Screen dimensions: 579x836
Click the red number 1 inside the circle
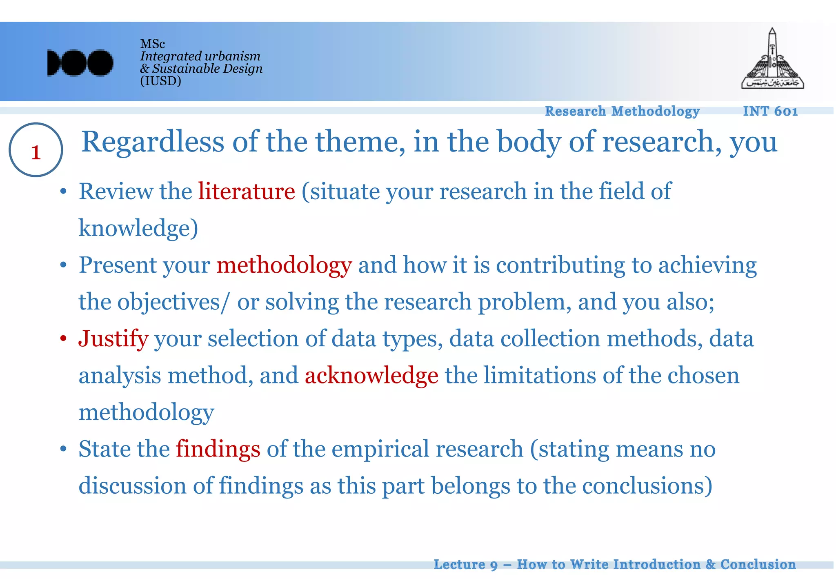(x=36, y=152)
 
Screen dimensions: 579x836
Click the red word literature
(x=247, y=191)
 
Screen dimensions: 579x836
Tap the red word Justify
(x=113, y=338)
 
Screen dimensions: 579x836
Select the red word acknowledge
(x=371, y=375)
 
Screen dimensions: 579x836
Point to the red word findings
(x=218, y=449)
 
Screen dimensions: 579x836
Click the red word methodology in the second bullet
(x=284, y=265)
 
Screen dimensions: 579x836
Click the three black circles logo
(x=80, y=63)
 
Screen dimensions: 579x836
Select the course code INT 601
(x=770, y=111)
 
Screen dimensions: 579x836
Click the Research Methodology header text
(x=623, y=111)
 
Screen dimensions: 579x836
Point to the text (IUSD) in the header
(x=160, y=81)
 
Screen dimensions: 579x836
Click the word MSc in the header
(x=152, y=44)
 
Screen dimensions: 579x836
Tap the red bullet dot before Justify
(x=63, y=338)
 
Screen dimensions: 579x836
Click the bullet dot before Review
(x=63, y=191)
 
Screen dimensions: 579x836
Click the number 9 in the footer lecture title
(x=494, y=565)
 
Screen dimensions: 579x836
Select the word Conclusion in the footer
(x=758, y=564)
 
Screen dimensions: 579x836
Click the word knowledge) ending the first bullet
(x=138, y=228)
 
